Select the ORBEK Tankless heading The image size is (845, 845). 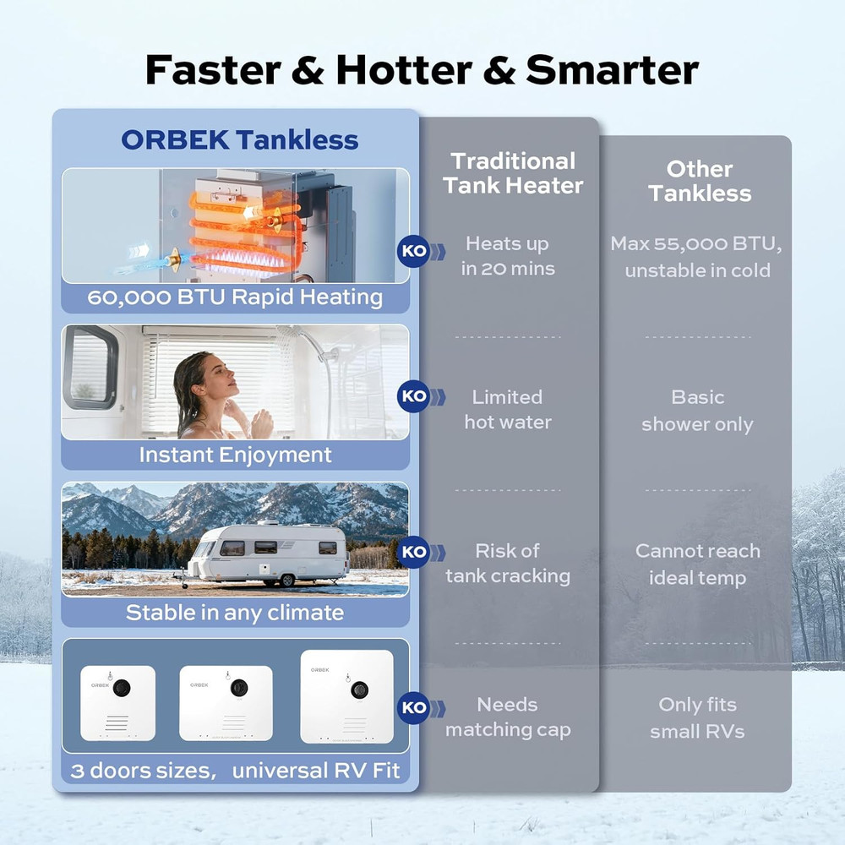[239, 139]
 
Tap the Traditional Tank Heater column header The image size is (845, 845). [513, 173]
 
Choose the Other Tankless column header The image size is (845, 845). [699, 181]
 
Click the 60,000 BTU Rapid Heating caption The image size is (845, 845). [235, 297]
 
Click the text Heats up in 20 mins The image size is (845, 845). [507, 256]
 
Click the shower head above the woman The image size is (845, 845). [292, 335]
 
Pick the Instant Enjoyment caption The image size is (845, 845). [235, 455]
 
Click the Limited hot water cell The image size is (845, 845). [507, 409]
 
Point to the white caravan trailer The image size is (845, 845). [269, 553]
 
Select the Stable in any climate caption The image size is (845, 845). [235, 613]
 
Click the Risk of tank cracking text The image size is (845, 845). [507, 564]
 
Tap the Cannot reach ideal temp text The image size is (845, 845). [697, 564]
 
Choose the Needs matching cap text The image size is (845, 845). [507, 717]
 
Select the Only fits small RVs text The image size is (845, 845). [697, 717]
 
